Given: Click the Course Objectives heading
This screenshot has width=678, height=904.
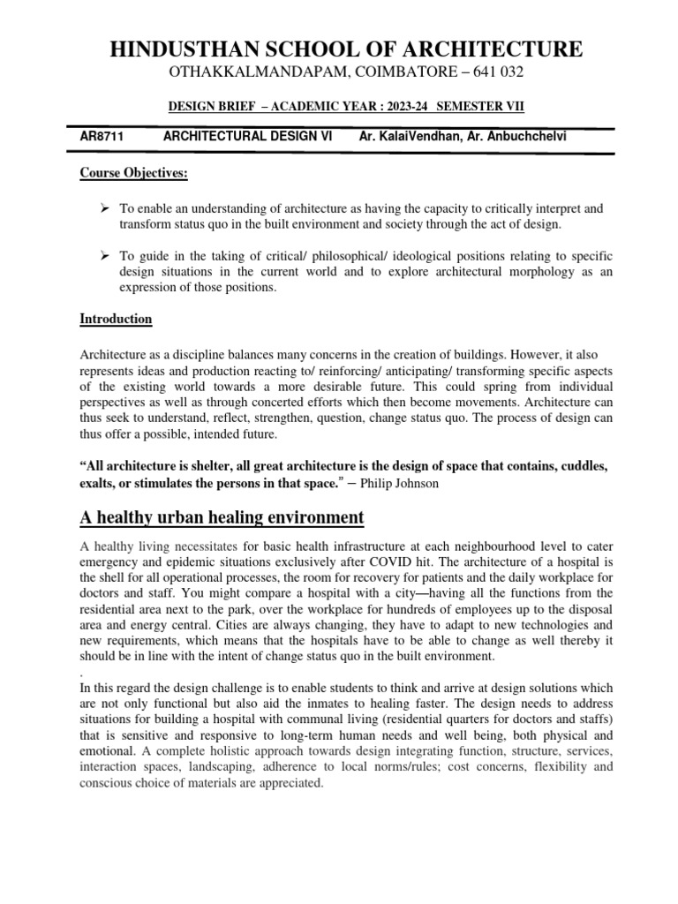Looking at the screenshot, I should [134, 174].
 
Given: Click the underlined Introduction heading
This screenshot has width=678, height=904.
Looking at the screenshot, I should [116, 318].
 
